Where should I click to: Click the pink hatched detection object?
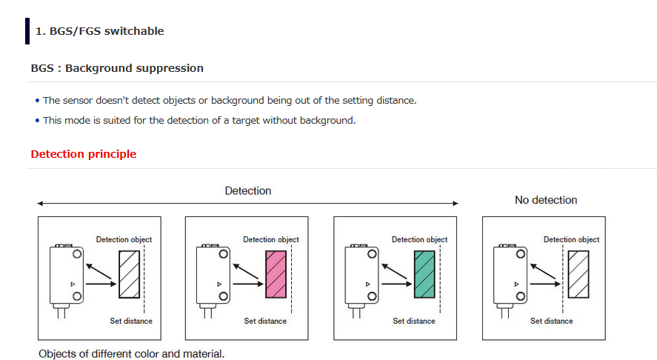click(275, 273)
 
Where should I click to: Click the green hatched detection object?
click(424, 273)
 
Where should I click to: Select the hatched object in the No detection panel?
click(578, 273)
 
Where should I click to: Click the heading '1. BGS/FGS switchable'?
click(99, 31)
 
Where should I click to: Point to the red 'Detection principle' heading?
click(84, 154)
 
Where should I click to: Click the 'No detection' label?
click(546, 200)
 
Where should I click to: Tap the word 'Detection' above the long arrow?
click(248, 191)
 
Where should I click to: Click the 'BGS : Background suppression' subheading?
click(117, 68)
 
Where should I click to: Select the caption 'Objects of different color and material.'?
click(131, 353)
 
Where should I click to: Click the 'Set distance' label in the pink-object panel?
click(265, 321)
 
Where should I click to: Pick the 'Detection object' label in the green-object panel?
click(419, 239)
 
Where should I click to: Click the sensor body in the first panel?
click(65, 276)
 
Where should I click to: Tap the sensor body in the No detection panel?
click(510, 276)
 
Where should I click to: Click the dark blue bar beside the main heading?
click(27, 31)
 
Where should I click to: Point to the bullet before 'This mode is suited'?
click(38, 121)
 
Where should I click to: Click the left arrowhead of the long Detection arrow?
click(40, 203)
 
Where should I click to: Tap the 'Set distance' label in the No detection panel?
click(552, 321)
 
